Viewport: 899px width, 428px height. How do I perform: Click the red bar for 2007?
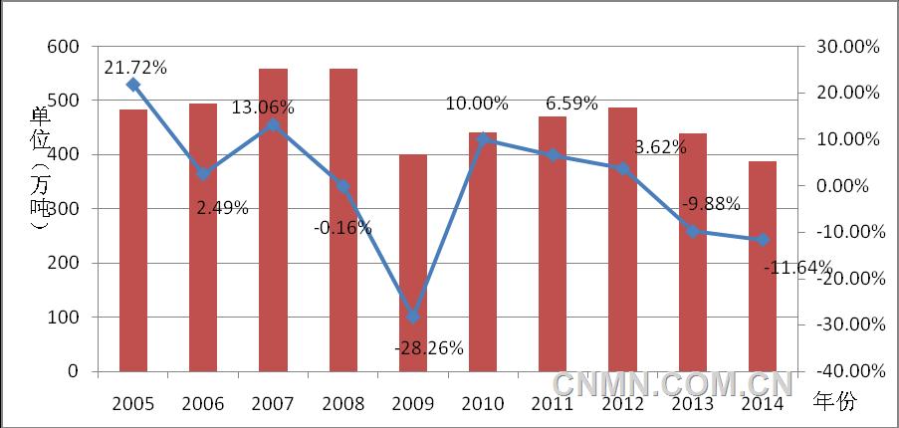[273, 220]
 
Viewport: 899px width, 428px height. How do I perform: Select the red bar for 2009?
[412, 263]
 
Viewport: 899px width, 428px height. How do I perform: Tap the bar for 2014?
[762, 266]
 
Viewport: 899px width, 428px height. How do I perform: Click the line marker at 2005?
[133, 86]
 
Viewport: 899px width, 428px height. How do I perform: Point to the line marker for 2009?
[412, 317]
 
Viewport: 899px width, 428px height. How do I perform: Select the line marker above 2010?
[483, 139]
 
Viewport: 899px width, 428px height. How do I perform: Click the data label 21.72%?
[134, 68]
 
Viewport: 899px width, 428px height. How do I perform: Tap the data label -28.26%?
[430, 348]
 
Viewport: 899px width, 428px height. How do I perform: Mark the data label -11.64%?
[797, 267]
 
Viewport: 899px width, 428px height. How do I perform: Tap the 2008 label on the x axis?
[342, 402]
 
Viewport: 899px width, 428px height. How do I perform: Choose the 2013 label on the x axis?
[692, 402]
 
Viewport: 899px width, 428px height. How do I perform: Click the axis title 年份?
[834, 402]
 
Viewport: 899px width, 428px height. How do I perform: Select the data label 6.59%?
[571, 104]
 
